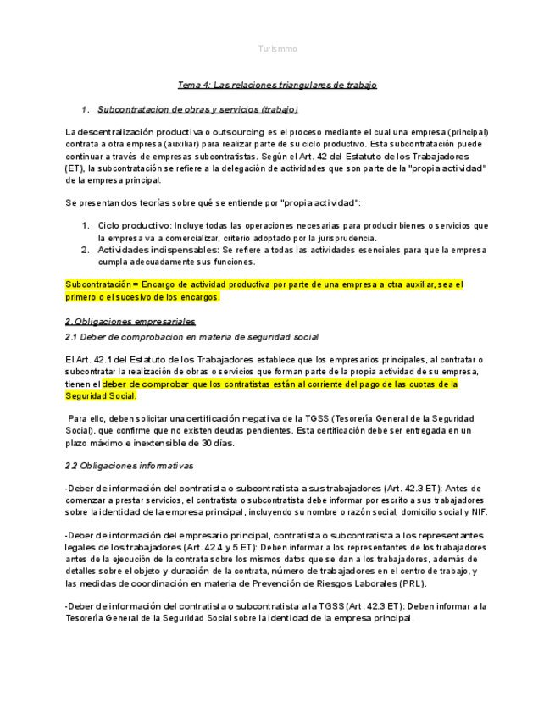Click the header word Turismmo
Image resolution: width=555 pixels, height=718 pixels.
point(277,49)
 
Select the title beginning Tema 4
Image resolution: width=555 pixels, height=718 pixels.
point(277,85)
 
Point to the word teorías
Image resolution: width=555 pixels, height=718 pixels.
point(149,203)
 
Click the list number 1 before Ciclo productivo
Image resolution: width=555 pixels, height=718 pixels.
point(86,226)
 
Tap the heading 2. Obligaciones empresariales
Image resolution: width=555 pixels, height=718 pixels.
point(130,322)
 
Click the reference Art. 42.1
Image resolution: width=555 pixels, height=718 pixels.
point(92,360)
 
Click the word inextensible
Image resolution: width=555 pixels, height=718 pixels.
point(168,443)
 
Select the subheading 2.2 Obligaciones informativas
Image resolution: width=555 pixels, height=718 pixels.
point(129,466)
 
